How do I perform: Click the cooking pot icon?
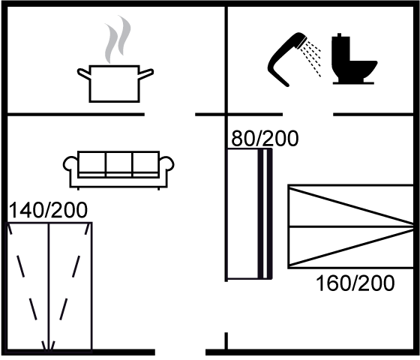pyautogui.click(x=115, y=84)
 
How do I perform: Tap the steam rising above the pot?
pyautogui.click(x=118, y=39)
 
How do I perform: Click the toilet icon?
pyautogui.click(x=353, y=59)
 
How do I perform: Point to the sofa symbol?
pyautogui.click(x=118, y=170)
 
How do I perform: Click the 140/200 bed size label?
pyautogui.click(x=48, y=210)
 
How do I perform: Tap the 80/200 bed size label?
pyautogui.click(x=265, y=138)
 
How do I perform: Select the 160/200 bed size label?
pyautogui.click(x=355, y=283)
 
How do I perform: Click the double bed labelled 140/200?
pyautogui.click(x=49, y=286)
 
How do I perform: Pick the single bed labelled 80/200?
pyautogui.click(x=249, y=214)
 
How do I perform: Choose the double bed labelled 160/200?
pyautogui.click(x=351, y=226)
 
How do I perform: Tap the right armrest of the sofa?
pyautogui.click(x=166, y=164)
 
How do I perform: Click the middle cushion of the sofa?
pyautogui.click(x=119, y=164)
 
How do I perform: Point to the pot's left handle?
pyautogui.click(x=83, y=73)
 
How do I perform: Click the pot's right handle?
pyautogui.click(x=146, y=73)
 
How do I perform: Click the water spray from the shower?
pyautogui.click(x=311, y=58)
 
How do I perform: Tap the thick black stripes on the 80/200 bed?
pyautogui.click(x=265, y=214)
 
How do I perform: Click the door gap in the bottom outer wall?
pyautogui.click(x=180, y=352)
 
